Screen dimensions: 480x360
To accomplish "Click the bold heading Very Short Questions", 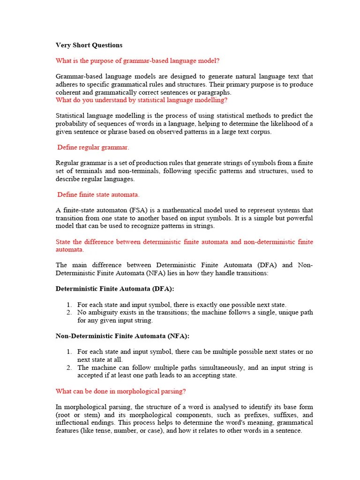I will (x=89, y=45).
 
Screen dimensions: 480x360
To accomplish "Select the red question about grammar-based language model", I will (x=137, y=60).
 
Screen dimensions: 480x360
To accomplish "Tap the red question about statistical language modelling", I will (x=142, y=100).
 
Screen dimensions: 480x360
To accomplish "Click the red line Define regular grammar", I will (x=93, y=147).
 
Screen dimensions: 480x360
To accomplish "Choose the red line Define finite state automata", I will (x=98, y=195).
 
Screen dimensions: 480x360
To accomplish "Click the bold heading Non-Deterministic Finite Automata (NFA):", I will (x=123, y=336).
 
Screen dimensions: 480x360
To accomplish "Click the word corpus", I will (x=261, y=132).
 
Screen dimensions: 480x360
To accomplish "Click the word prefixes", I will (x=248, y=415).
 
